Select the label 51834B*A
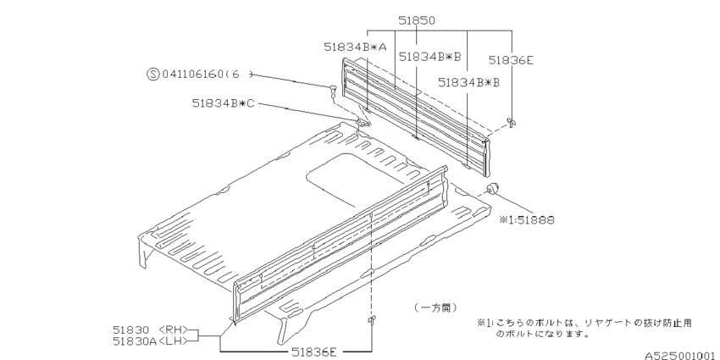[355, 48]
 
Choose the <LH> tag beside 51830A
[173, 341]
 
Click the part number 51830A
[132, 341]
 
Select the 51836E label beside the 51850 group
[511, 60]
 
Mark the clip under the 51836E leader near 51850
[511, 123]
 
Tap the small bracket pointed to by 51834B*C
[362, 124]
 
